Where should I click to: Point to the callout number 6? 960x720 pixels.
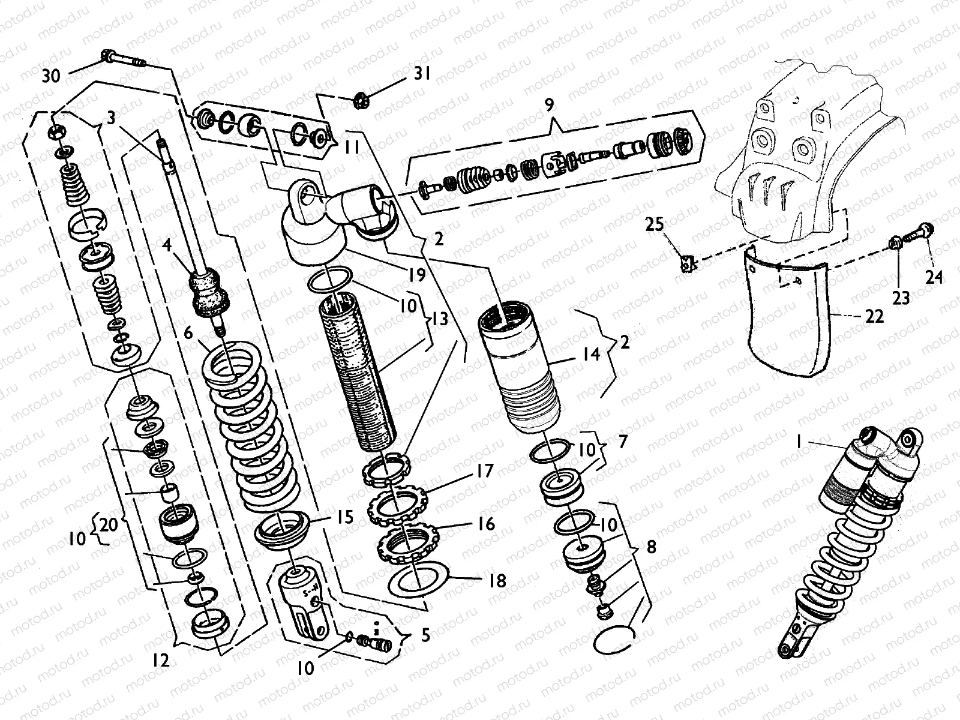188,332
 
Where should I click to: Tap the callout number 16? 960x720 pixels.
487,523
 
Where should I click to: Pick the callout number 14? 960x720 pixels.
591,354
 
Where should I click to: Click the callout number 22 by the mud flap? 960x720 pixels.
875,316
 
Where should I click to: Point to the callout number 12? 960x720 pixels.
160,661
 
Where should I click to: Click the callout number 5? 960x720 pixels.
425,635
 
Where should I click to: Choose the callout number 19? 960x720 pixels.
417,274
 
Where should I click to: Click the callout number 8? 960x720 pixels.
651,547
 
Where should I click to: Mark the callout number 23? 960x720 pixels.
901,298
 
